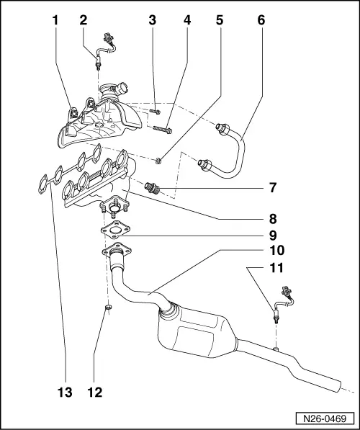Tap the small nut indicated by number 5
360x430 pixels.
click(160, 158)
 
